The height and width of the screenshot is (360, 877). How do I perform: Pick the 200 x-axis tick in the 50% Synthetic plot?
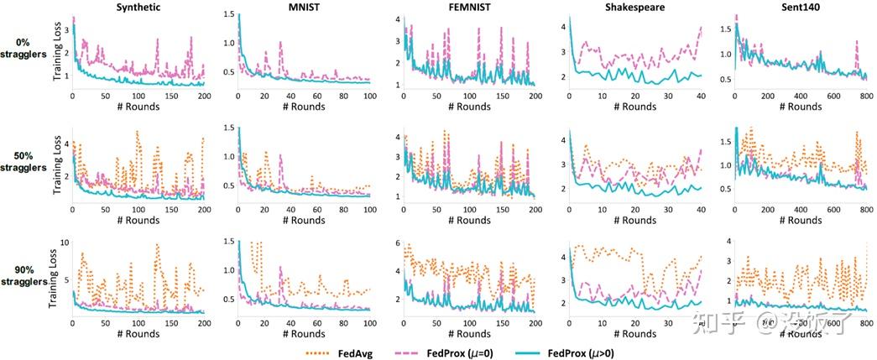[x=203, y=210]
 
